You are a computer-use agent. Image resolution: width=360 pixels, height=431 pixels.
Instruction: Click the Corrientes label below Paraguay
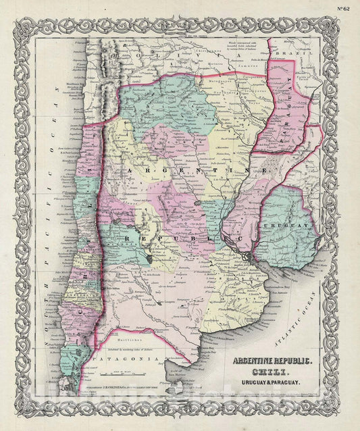[x=260, y=153]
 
